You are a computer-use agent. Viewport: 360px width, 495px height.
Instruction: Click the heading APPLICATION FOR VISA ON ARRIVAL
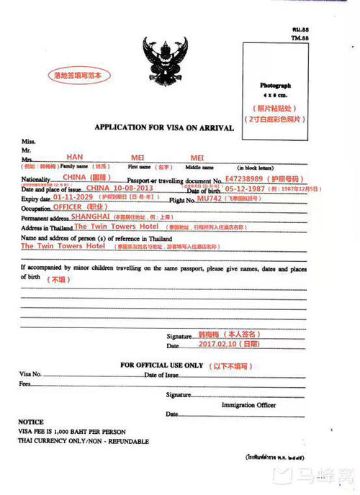click(164, 127)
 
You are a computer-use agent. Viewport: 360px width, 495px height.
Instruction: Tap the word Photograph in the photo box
click(276, 85)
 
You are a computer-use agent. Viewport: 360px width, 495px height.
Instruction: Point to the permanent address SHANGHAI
click(87, 216)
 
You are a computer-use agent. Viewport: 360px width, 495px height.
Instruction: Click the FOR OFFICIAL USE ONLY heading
click(162, 365)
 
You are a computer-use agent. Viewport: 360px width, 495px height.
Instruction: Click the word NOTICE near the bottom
click(31, 422)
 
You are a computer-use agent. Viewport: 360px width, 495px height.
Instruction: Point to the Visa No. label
click(32, 375)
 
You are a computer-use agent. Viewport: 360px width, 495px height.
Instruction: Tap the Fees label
click(25, 384)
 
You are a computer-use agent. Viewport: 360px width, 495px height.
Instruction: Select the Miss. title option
click(29, 141)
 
